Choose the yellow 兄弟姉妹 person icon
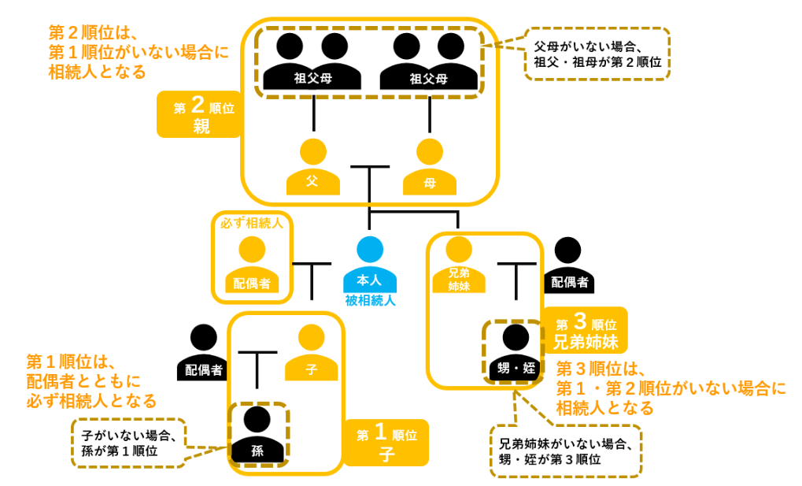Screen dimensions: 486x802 pos(458,265)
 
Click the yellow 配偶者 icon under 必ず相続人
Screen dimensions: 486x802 pos(252,265)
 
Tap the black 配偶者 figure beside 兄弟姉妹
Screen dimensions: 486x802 pos(567,265)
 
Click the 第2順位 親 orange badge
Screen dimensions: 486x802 pos(199,114)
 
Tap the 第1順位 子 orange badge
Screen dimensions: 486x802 pos(386,442)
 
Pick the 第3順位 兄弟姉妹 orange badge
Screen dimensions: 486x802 pos(586,330)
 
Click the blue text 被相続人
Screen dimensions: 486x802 pos(370,300)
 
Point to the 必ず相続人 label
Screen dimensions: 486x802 pos(252,223)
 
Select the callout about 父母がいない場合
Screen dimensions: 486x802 pos(597,54)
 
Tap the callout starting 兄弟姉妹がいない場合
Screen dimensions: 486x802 pos(565,451)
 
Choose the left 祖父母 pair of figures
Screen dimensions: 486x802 pos(312,61)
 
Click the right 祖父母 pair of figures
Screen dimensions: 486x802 pos(429,61)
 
